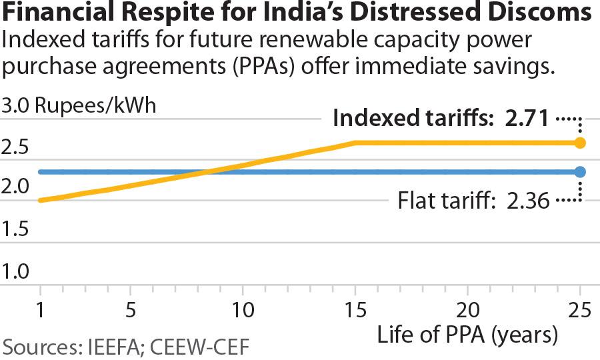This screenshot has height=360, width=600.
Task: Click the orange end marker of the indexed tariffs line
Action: click(x=580, y=143)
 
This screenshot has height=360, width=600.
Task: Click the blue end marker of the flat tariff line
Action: click(x=580, y=172)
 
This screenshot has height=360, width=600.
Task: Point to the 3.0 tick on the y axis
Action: click(x=15, y=106)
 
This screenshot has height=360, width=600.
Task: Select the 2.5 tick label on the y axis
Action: click(x=15, y=147)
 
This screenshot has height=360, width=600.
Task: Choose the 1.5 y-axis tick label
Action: click(x=15, y=230)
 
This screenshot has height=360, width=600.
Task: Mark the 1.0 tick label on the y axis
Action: click(x=15, y=271)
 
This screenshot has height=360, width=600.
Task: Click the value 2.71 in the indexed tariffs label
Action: click(x=527, y=119)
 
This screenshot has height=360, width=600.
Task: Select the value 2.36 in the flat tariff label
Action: click(x=528, y=200)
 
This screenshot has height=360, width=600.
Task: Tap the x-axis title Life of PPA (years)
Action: click(x=467, y=335)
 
